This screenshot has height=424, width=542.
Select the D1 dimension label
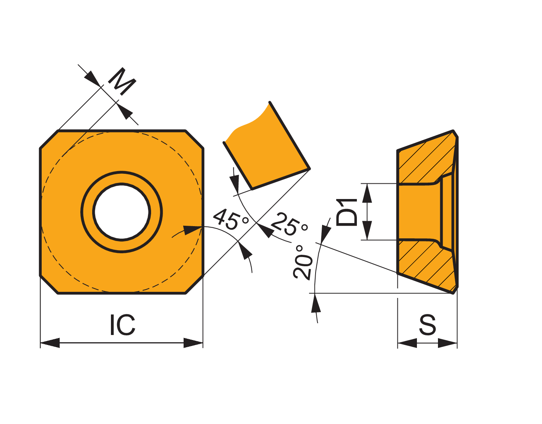point(347,212)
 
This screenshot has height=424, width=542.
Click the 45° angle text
point(231,219)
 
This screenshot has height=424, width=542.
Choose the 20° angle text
point(303,262)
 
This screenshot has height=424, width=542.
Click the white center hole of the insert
point(122,212)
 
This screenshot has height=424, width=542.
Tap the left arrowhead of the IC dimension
point(50,343)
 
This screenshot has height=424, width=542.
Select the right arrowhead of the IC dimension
point(193,343)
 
